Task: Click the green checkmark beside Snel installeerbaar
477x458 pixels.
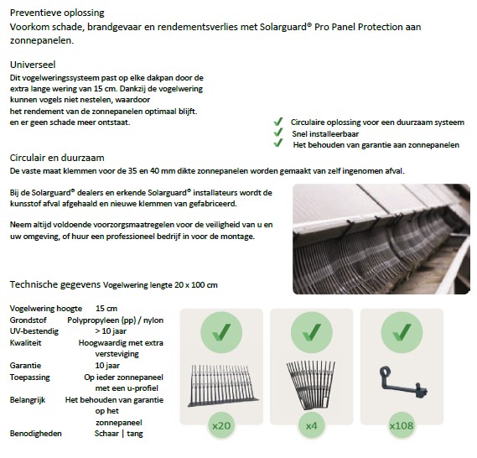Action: (278, 133)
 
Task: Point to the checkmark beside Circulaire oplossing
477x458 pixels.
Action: (278, 121)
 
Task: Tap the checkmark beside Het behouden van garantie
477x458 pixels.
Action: (278, 144)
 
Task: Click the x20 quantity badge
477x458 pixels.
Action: (222, 427)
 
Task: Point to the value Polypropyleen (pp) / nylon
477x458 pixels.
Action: (117, 320)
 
